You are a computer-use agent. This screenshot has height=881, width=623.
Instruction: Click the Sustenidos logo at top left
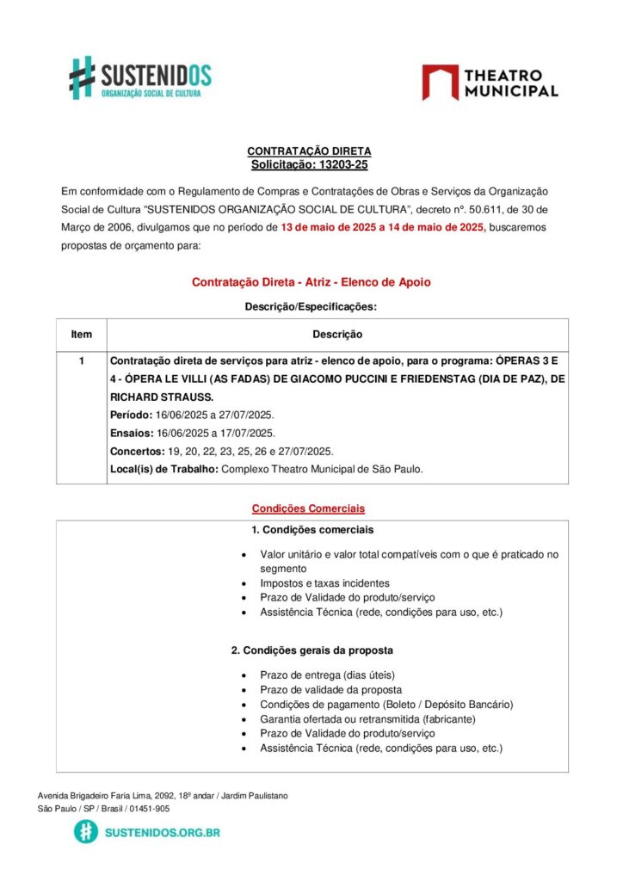click(140, 78)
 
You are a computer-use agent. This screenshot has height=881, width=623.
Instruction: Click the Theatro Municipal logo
click(490, 82)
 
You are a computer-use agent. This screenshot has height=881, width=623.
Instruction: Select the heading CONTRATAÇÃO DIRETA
click(309, 151)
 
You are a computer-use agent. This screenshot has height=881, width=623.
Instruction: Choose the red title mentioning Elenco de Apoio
click(311, 281)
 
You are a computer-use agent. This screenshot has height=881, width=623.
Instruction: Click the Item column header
click(82, 334)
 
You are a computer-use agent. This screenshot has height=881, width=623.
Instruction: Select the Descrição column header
click(337, 334)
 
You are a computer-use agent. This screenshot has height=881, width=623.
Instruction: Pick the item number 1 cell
click(82, 360)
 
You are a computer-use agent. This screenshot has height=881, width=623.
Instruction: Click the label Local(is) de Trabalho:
click(164, 469)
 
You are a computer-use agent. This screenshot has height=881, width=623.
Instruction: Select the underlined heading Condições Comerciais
click(308, 508)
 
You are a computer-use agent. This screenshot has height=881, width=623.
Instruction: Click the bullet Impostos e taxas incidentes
click(324, 583)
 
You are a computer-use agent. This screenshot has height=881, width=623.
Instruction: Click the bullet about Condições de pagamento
click(386, 705)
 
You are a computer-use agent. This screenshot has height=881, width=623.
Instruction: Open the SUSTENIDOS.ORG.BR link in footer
click(161, 832)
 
